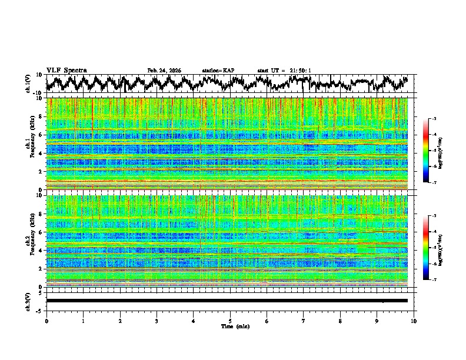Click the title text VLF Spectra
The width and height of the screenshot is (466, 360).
(66, 70)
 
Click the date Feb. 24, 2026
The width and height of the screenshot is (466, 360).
(164, 71)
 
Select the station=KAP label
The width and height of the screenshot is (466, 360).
(218, 71)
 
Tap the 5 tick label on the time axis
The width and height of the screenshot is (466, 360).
(230, 321)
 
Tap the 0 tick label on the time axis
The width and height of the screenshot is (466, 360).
(46, 321)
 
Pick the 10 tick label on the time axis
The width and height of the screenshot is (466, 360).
(414, 321)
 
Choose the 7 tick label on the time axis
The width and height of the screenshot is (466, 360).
(304, 321)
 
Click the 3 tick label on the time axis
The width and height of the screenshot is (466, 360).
(157, 321)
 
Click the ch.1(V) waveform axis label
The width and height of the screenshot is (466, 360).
(29, 84)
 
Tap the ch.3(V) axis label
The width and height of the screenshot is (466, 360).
(29, 300)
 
